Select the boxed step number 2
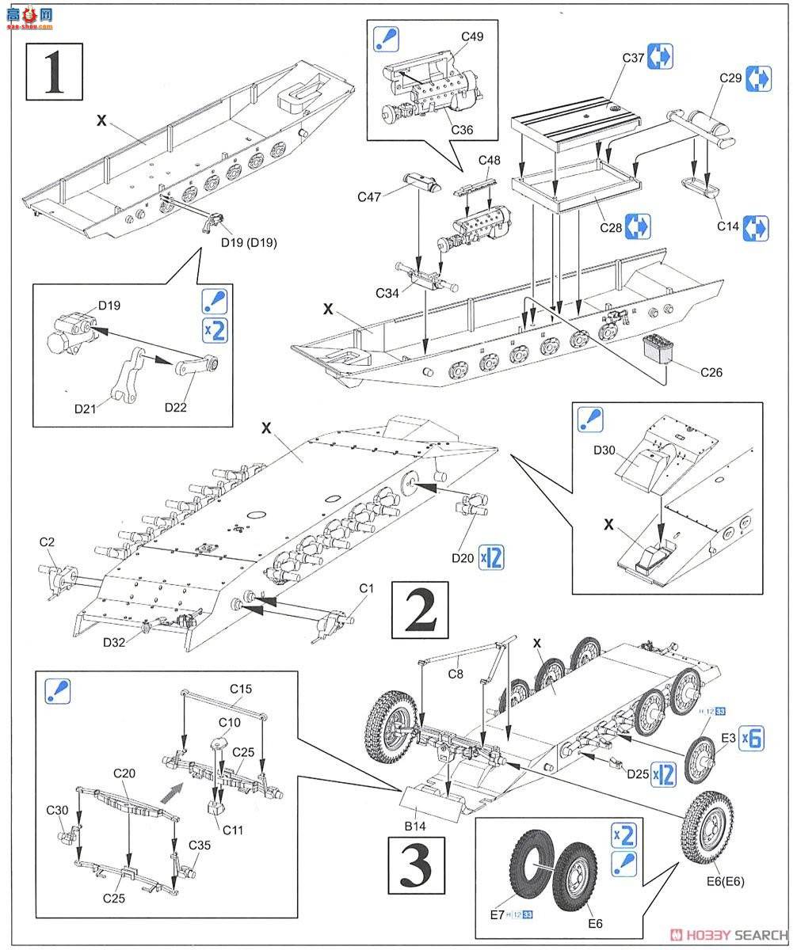click(x=420, y=610)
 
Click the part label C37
click(x=632, y=59)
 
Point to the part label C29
click(x=730, y=78)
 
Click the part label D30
click(x=604, y=450)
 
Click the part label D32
click(x=116, y=642)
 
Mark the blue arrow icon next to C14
click(x=756, y=227)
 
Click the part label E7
click(x=496, y=915)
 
